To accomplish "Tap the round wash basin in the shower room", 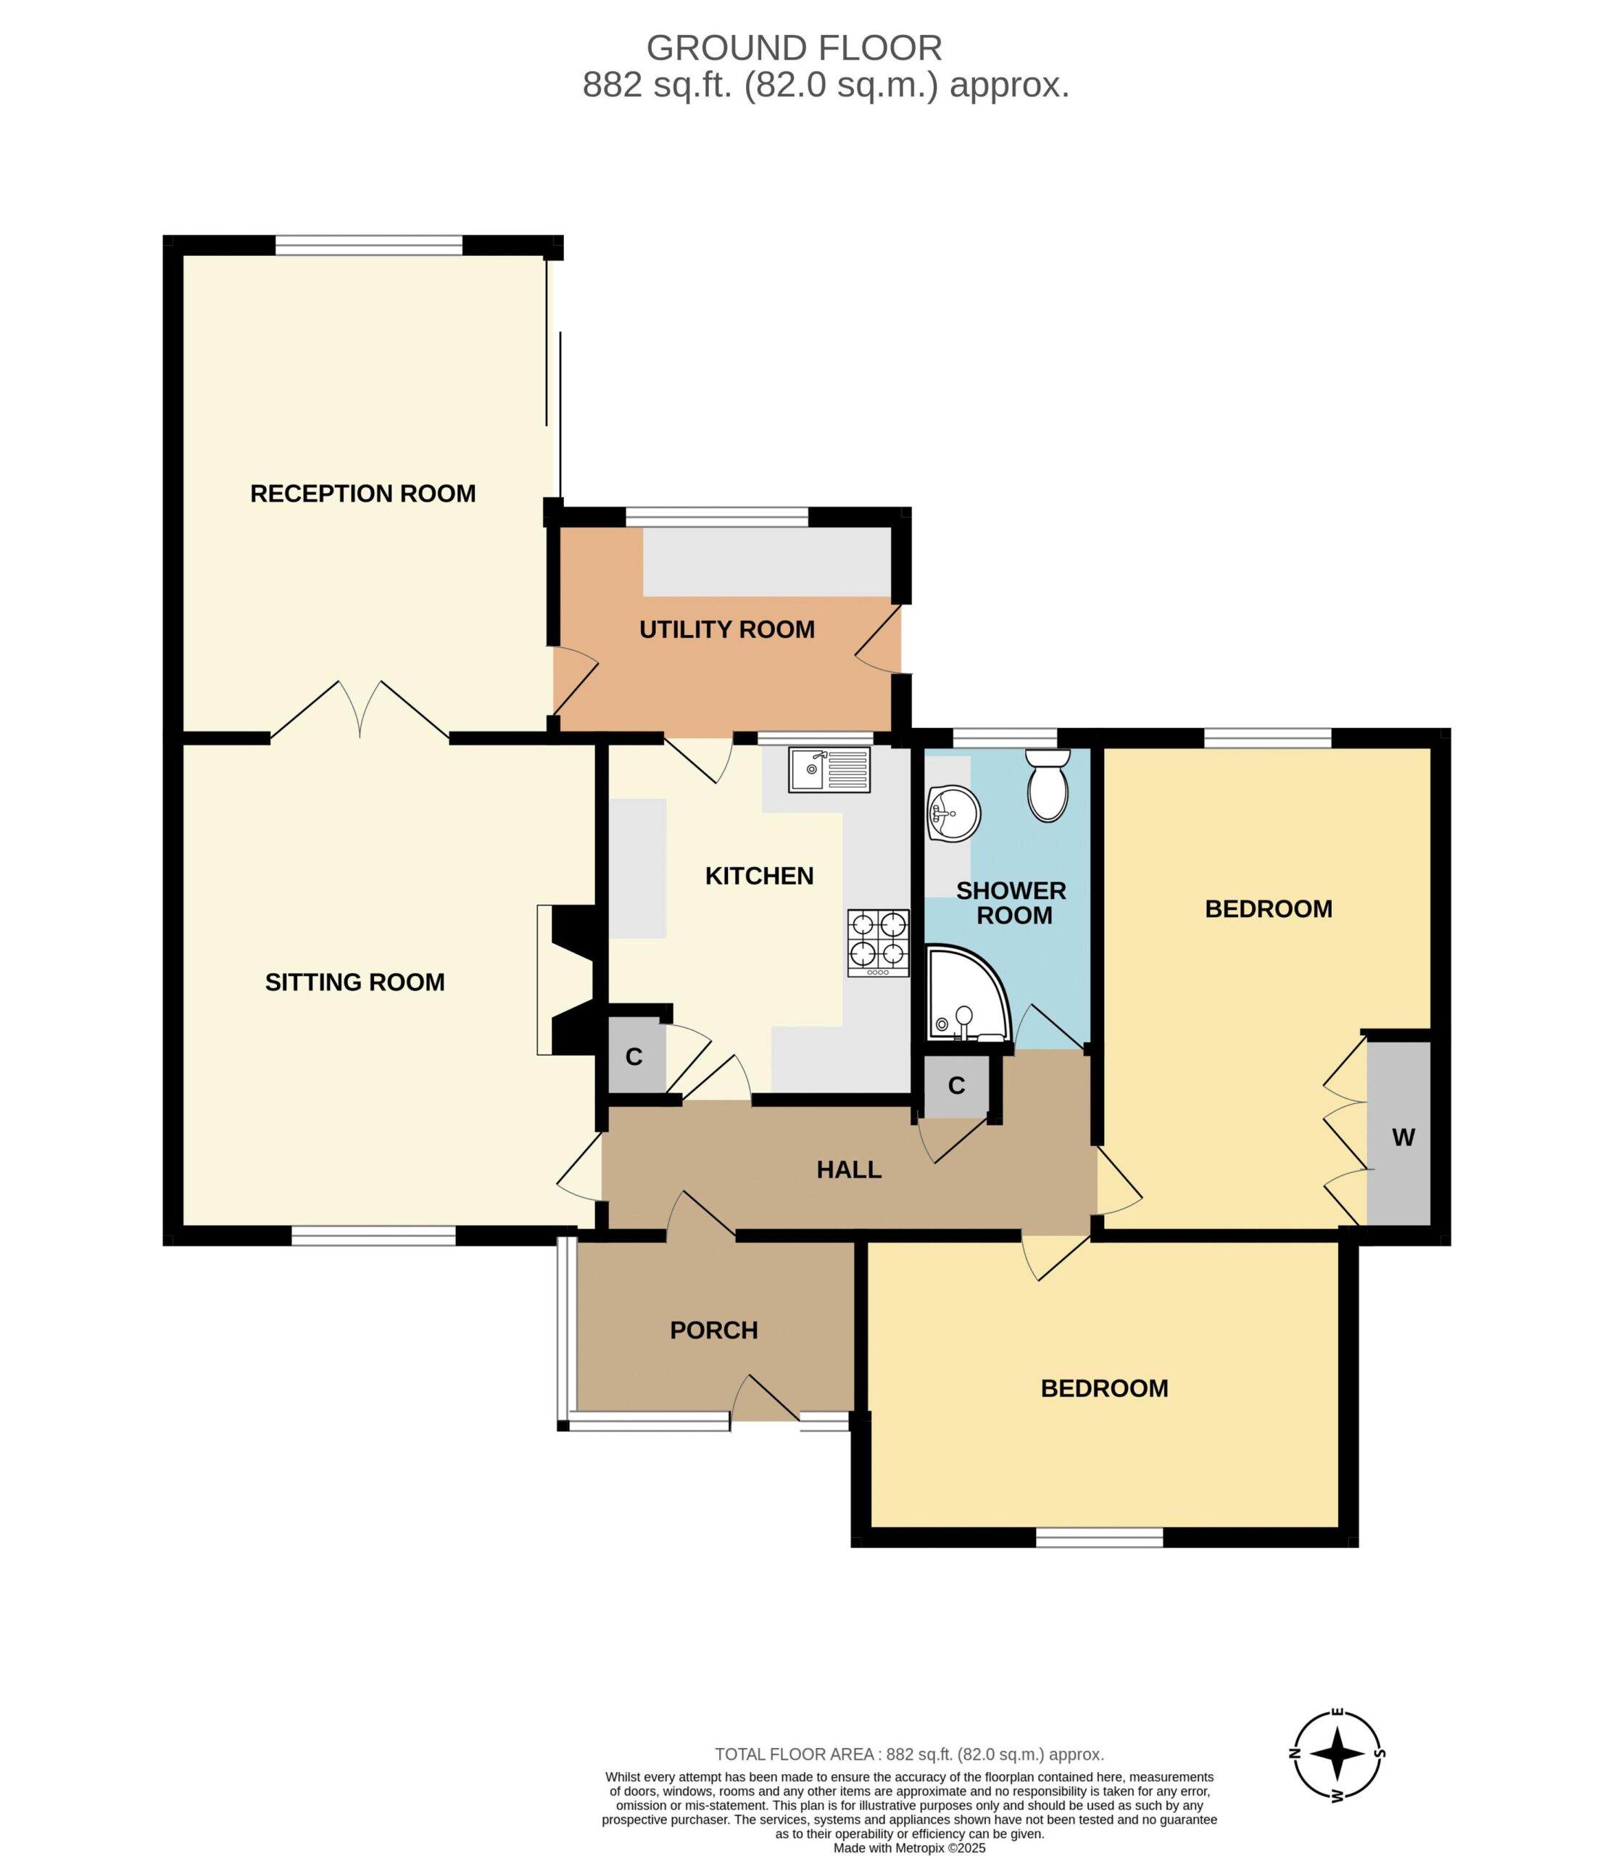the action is pyautogui.click(x=953, y=813).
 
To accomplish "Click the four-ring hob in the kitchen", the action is pyautogui.click(x=878, y=942).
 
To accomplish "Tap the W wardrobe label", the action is pyautogui.click(x=1403, y=1137).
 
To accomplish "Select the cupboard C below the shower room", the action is pyautogui.click(x=957, y=1085).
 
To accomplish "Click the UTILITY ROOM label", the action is pyautogui.click(x=727, y=629).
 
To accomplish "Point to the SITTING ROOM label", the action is pyautogui.click(x=354, y=982).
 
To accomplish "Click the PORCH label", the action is pyautogui.click(x=714, y=1330).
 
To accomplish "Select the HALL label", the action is pyautogui.click(x=849, y=1169).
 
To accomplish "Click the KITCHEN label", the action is pyautogui.click(x=759, y=876).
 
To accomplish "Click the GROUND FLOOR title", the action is pyautogui.click(x=795, y=47).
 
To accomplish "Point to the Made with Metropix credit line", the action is pyautogui.click(x=909, y=1848).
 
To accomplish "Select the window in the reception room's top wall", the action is pyautogui.click(x=369, y=245).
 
